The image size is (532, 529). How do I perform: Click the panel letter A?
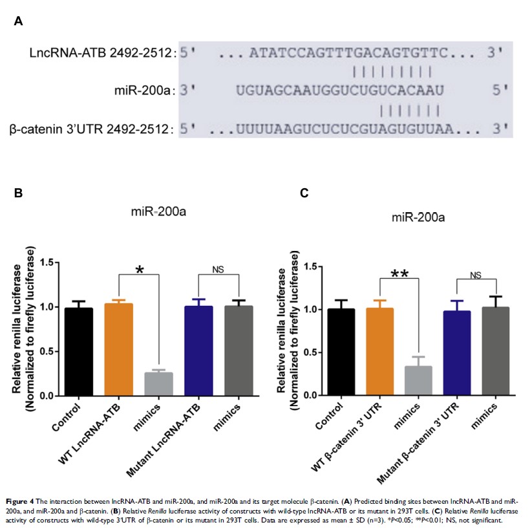click(19, 21)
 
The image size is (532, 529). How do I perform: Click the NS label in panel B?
click(218, 268)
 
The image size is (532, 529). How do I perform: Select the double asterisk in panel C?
click(399, 273)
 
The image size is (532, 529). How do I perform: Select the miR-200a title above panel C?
click(418, 217)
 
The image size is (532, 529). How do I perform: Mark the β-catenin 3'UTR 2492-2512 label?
click(92, 130)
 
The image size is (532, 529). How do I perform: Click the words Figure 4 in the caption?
click(21, 501)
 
